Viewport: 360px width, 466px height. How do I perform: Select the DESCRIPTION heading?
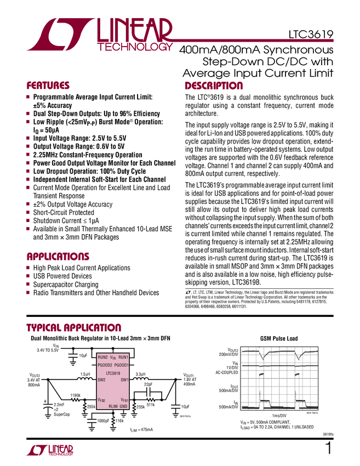point(214,86)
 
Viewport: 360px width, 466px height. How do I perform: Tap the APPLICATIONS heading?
point(58,256)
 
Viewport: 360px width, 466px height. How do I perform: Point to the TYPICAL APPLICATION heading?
point(74,327)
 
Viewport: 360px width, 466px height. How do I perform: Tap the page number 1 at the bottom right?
point(328,448)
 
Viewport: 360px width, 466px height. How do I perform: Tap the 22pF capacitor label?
point(148,385)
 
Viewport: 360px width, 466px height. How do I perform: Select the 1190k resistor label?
point(76,395)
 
